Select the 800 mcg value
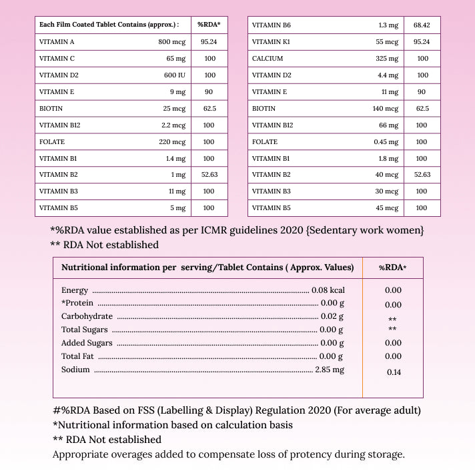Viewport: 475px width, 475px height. tap(171, 41)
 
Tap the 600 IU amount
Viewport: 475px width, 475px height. tap(174, 75)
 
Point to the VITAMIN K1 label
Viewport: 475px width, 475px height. tap(270, 41)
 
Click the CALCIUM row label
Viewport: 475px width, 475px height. tap(268, 58)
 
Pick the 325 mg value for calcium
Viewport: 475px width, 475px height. tap(386, 58)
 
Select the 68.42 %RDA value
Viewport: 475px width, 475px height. tap(422, 25)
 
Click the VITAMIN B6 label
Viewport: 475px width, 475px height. tap(270, 25)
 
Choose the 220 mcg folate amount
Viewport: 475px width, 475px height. tap(171, 141)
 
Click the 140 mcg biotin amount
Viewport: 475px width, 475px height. tap(385, 108)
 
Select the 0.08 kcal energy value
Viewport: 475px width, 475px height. tap(328, 290)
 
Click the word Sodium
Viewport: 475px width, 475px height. tap(75, 370)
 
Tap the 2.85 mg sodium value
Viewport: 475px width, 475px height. tap(330, 370)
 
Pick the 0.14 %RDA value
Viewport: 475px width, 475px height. tap(394, 372)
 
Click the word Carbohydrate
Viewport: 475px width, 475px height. tap(87, 316)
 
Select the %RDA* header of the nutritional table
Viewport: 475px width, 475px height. tap(393, 268)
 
